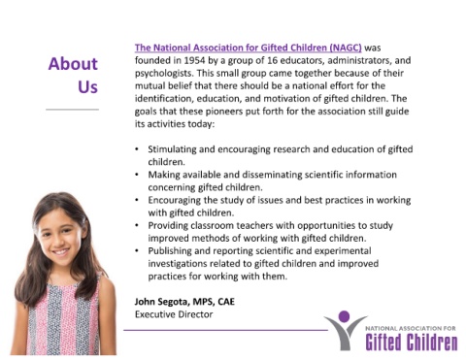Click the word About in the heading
tap(73, 63)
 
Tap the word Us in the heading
tap(87, 86)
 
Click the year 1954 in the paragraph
tap(194, 60)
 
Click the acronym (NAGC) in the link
tap(346, 48)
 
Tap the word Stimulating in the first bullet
tap(172, 149)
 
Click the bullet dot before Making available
tap(137, 175)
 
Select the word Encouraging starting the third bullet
tap(174, 201)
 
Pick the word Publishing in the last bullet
tap(170, 251)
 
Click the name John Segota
tap(161, 302)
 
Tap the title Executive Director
tap(174, 314)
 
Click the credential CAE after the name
tap(226, 302)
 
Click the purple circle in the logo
tap(344, 316)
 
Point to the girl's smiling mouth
tap(61, 251)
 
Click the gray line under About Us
tap(72, 110)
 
